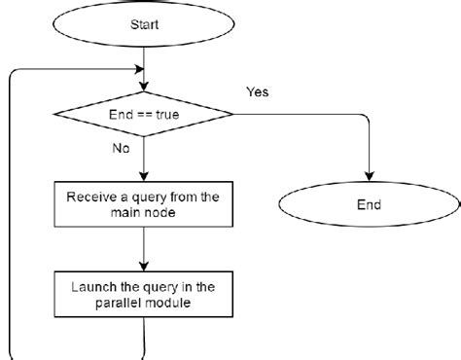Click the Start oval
(144, 24)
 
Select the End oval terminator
(369, 204)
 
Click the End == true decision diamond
(144, 114)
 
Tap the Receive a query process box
(144, 204)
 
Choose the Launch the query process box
(144, 294)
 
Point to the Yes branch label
(258, 91)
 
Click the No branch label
(121, 148)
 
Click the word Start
(144, 24)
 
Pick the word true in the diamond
(167, 115)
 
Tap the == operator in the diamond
(144, 115)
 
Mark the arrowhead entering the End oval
(370, 176)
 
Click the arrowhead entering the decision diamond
(144, 87)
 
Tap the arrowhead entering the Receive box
(144, 177)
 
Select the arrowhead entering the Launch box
(144, 267)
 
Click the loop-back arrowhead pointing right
(139, 69)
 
